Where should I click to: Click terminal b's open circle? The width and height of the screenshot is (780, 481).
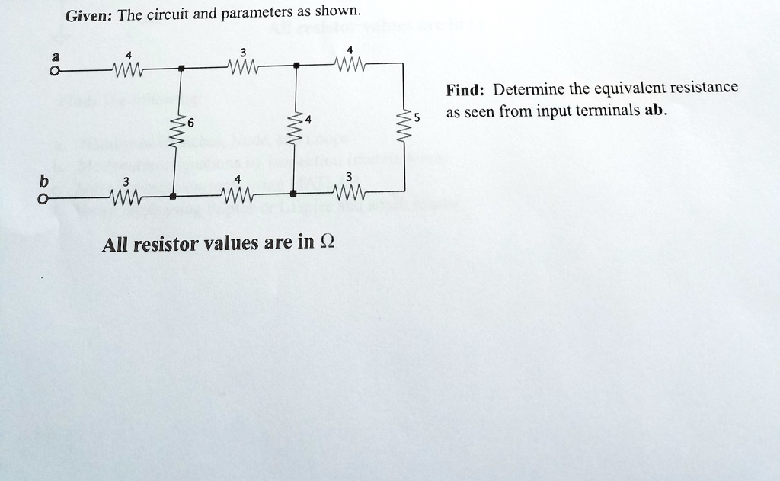[x=45, y=199]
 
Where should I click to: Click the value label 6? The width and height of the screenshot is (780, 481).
[x=191, y=123]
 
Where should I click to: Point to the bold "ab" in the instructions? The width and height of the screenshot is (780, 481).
[x=654, y=111]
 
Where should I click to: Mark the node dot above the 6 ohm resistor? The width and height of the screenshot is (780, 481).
[x=181, y=69]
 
